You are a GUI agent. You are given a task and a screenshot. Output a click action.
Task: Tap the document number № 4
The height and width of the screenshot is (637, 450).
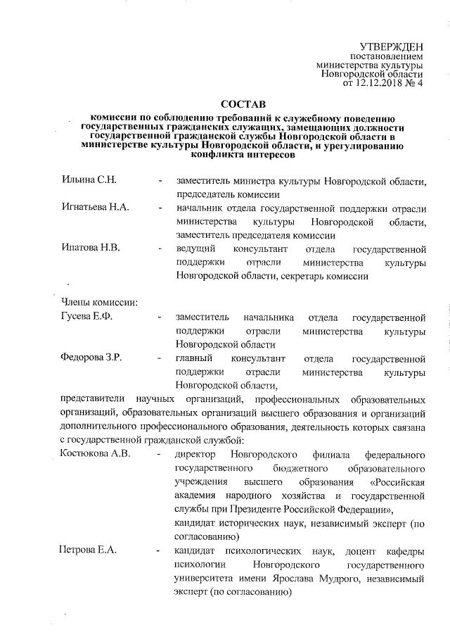tap(416, 84)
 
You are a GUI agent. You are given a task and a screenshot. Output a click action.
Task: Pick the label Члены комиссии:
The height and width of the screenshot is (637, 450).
tap(99, 303)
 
